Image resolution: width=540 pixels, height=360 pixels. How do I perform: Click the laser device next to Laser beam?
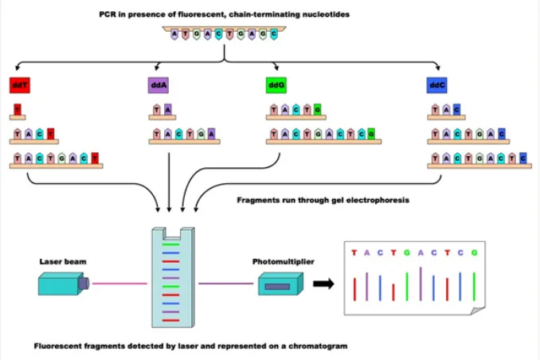point(63,283)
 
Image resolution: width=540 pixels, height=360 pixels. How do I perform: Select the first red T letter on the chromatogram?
point(354,252)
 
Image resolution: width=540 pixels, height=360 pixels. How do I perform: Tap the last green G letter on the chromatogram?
point(474,252)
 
